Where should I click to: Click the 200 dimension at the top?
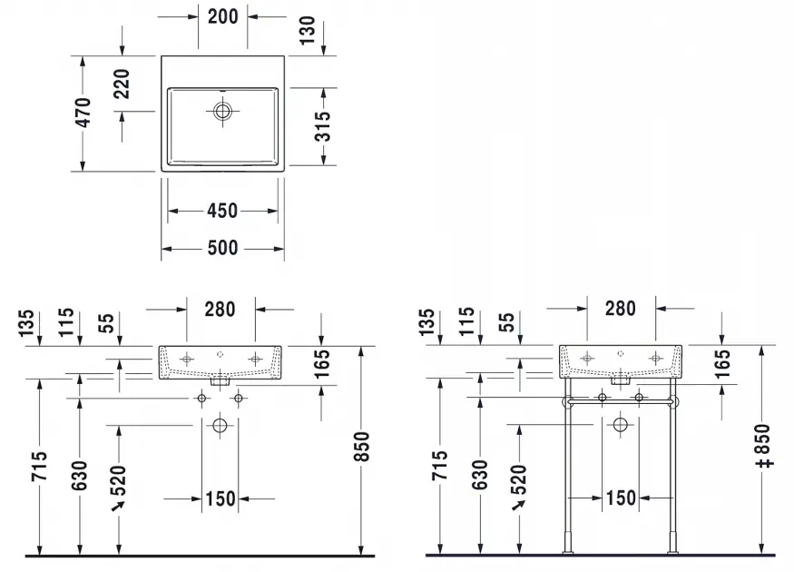point(223,16)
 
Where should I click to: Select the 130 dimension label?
point(307,30)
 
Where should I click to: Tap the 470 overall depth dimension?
point(83,113)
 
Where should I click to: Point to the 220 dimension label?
point(122,84)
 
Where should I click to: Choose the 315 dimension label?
point(322,126)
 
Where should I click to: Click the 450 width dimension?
point(222,211)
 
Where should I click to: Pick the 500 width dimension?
point(223,248)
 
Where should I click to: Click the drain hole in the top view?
point(222,111)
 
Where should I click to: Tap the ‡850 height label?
point(763,446)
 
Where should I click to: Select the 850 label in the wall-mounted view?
point(362,447)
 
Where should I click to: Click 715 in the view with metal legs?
point(440,465)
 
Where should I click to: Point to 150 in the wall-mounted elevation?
point(221,498)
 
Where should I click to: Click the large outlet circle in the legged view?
point(621,425)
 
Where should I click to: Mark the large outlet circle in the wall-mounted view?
point(220,425)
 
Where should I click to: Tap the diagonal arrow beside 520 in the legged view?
point(518,505)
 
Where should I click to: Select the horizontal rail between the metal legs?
point(621,401)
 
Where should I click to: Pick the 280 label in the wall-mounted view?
point(220,309)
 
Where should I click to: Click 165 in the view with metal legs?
point(722,363)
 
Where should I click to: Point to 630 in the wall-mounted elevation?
point(80,475)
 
